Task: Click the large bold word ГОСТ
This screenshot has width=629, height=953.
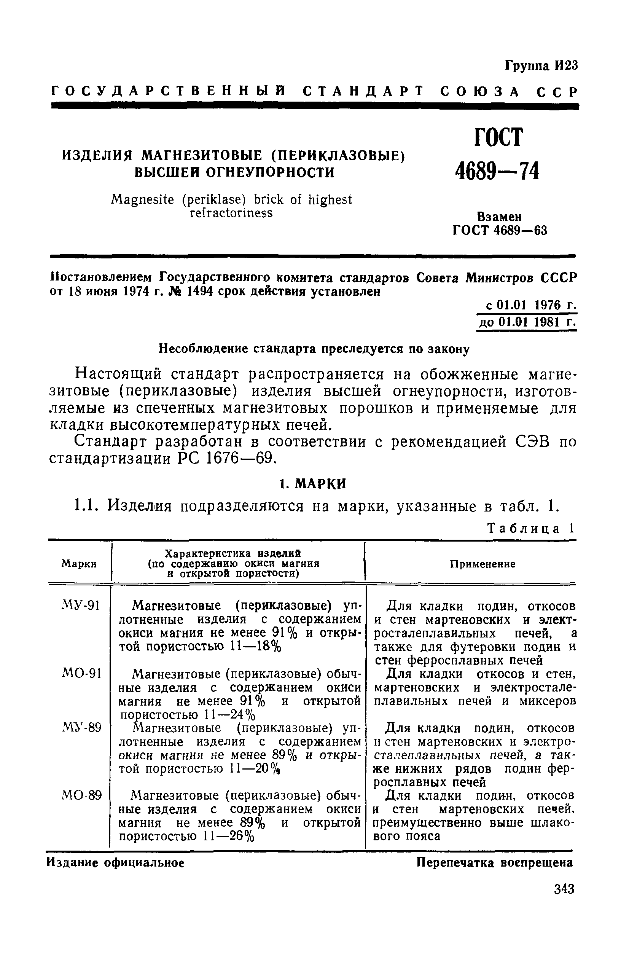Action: coord(498,138)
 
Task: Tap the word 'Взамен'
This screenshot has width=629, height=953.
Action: coord(499,217)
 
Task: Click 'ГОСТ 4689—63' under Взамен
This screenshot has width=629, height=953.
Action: coord(499,230)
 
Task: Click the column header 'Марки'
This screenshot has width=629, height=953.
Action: coord(79,564)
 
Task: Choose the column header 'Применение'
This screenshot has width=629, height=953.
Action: coord(482,564)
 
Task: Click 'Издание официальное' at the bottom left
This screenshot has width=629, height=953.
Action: coord(116,862)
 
